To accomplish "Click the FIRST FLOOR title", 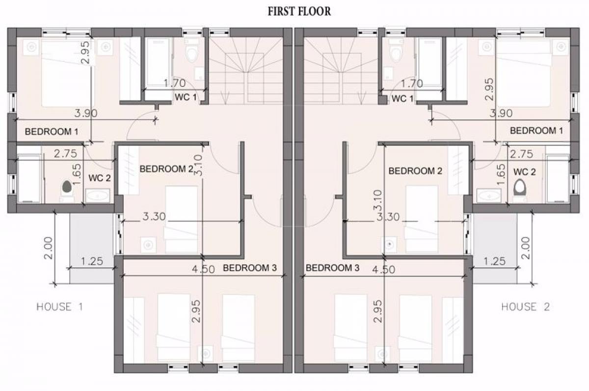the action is pyautogui.click(x=299, y=12).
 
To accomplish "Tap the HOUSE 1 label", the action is pyautogui.click(x=60, y=307).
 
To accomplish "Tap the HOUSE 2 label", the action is pyautogui.click(x=525, y=307).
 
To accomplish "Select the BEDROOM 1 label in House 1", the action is pyautogui.click(x=52, y=131).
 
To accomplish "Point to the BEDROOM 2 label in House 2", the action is pyautogui.click(x=415, y=171).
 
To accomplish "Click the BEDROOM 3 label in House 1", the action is pyautogui.click(x=250, y=268).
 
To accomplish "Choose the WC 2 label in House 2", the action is pyautogui.click(x=524, y=172).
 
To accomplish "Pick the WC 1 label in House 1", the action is pyautogui.click(x=186, y=97).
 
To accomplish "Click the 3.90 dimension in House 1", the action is pyautogui.click(x=86, y=113).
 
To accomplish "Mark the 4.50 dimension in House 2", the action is pyautogui.click(x=384, y=270).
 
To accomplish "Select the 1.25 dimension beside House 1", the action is pyautogui.click(x=92, y=261).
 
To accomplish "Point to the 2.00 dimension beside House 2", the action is pyautogui.click(x=525, y=248).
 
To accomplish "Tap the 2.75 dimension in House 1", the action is pyautogui.click(x=65, y=154).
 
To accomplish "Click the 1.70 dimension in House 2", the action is pyautogui.click(x=412, y=84).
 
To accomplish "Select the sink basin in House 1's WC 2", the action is pyautogui.click(x=98, y=196).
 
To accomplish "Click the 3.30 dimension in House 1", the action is pyautogui.click(x=154, y=217).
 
